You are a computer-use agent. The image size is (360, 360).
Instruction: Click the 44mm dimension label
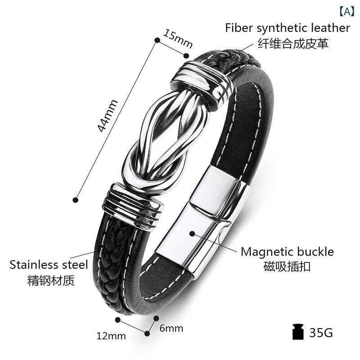click(x=108, y=116)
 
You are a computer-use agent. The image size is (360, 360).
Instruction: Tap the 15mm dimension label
click(x=178, y=38)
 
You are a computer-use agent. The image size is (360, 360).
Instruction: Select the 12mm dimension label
click(x=111, y=336)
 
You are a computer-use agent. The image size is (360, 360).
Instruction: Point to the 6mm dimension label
click(x=171, y=328)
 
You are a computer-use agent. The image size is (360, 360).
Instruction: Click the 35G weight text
click(x=321, y=333)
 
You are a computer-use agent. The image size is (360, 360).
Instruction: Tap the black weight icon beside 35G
click(x=298, y=332)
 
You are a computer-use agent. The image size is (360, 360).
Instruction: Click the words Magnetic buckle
click(x=287, y=252)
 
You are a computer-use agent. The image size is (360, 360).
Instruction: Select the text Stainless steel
click(x=49, y=265)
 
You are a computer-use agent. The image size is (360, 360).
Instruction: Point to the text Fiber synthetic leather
click(x=288, y=28)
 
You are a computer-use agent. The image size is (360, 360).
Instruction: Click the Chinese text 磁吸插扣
click(x=287, y=266)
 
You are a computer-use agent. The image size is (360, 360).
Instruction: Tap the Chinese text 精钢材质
click(x=51, y=280)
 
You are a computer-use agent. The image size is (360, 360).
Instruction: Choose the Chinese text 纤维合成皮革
click(x=293, y=43)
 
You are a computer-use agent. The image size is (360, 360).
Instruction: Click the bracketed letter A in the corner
click(x=347, y=11)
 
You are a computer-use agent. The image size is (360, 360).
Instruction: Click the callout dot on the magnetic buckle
click(x=193, y=234)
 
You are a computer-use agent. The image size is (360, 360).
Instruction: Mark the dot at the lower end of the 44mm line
click(x=76, y=200)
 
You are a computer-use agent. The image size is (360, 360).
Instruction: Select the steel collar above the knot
click(x=201, y=83)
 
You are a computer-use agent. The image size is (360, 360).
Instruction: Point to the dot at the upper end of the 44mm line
click(x=157, y=40)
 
